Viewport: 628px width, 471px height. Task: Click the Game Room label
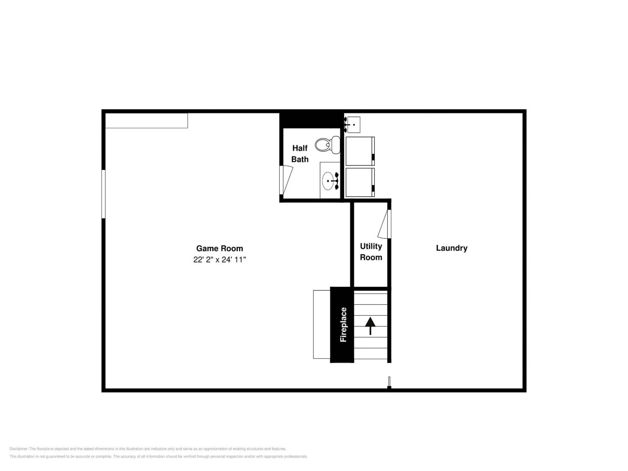coord(219,248)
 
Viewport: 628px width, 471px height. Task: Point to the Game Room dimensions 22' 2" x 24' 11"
coord(219,259)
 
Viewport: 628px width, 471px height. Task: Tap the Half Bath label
coord(300,154)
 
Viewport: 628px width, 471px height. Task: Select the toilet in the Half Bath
coord(328,145)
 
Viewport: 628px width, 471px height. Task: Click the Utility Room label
coord(371,252)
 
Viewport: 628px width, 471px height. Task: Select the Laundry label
coord(452,248)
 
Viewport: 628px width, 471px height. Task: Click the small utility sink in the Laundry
coord(353,125)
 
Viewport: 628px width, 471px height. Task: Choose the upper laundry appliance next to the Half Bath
coord(360,151)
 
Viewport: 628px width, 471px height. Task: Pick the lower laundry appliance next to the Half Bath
coord(360,182)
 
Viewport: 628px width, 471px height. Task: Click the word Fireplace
coord(343,324)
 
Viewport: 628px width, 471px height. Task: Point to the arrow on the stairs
coord(370,326)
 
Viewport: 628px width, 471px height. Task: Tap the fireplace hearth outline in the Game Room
coord(322,324)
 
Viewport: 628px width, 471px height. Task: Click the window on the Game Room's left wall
coord(104,194)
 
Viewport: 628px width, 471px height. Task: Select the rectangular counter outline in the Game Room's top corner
coord(147,121)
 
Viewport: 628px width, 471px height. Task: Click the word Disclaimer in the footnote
coord(19,449)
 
